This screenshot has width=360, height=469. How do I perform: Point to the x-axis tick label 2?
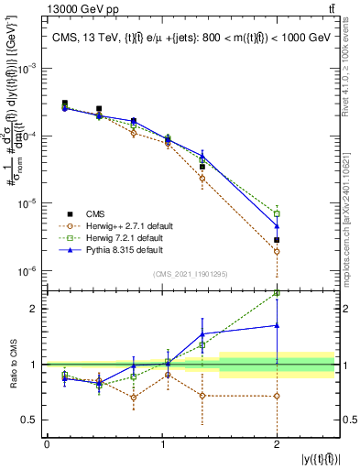tap(277, 444)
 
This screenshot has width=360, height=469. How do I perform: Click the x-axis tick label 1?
tap(162, 444)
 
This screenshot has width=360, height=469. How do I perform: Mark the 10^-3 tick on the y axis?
tap(30, 69)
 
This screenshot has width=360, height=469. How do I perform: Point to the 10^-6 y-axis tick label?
tap(30, 271)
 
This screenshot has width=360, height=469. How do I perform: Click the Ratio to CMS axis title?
tap(13, 364)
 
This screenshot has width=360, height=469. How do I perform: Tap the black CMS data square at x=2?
tap(277, 240)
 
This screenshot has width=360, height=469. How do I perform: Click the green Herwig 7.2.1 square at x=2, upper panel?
tap(277, 213)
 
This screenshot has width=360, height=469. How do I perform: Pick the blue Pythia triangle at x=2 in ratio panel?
tap(277, 325)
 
